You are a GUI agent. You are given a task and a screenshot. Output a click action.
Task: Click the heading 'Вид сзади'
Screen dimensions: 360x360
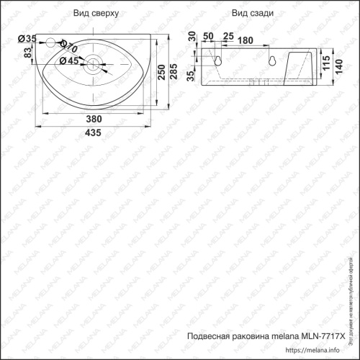[x=250, y=14]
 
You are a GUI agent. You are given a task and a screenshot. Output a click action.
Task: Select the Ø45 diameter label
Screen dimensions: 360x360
[x=68, y=61]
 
